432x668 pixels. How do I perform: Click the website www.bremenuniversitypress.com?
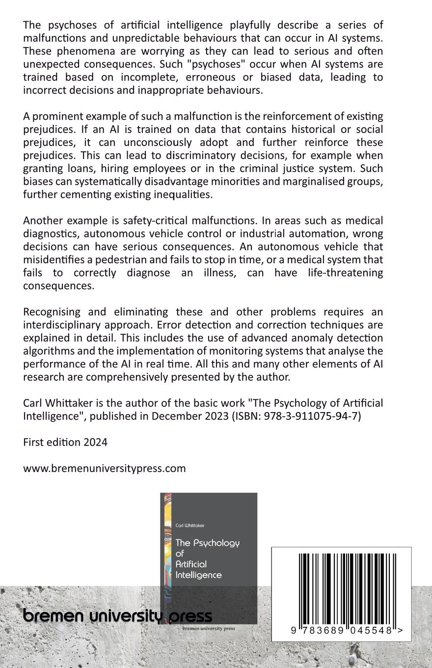pos(104,468)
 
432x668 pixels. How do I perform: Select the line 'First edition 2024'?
pos(65,442)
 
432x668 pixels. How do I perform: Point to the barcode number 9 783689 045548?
pos(342,630)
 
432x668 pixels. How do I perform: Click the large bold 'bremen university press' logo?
pos(118,615)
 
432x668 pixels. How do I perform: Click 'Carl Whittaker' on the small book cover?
pos(190,526)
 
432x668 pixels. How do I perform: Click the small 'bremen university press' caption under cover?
pos(208,628)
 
